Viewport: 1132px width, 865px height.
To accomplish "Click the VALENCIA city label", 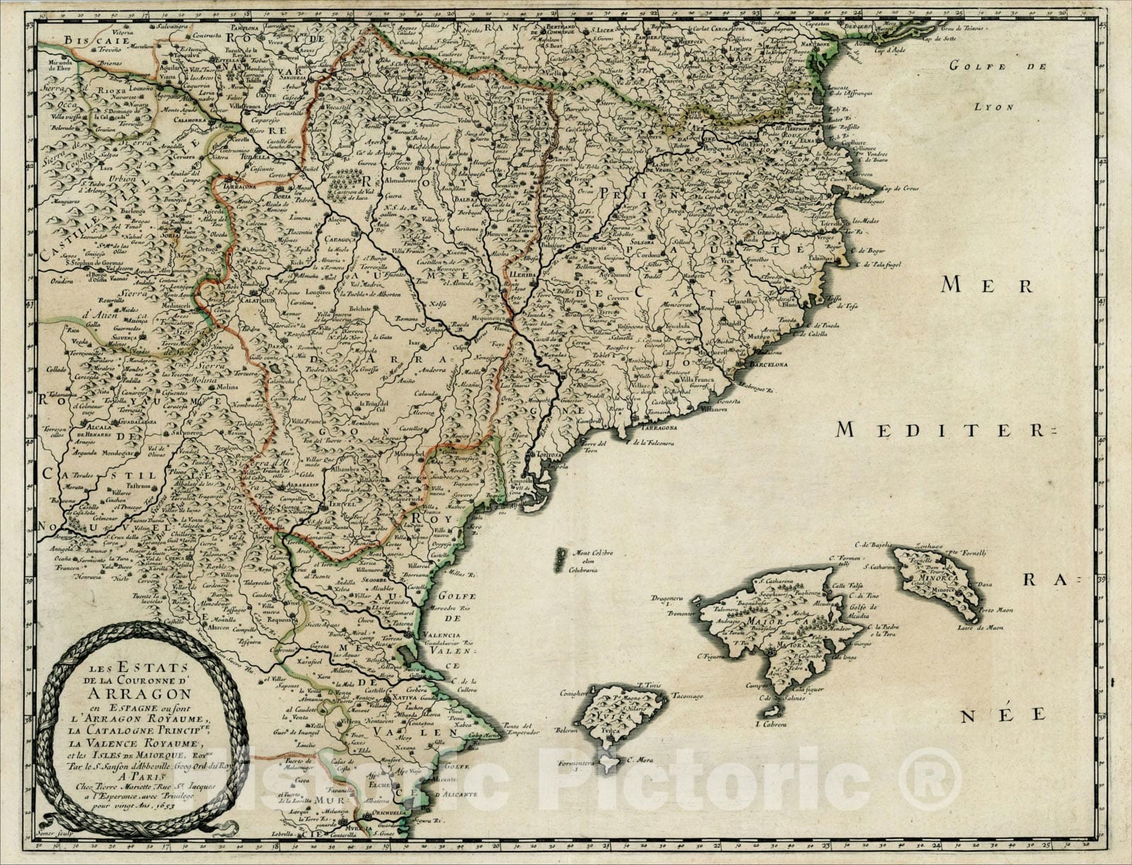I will (x=441, y=634).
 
